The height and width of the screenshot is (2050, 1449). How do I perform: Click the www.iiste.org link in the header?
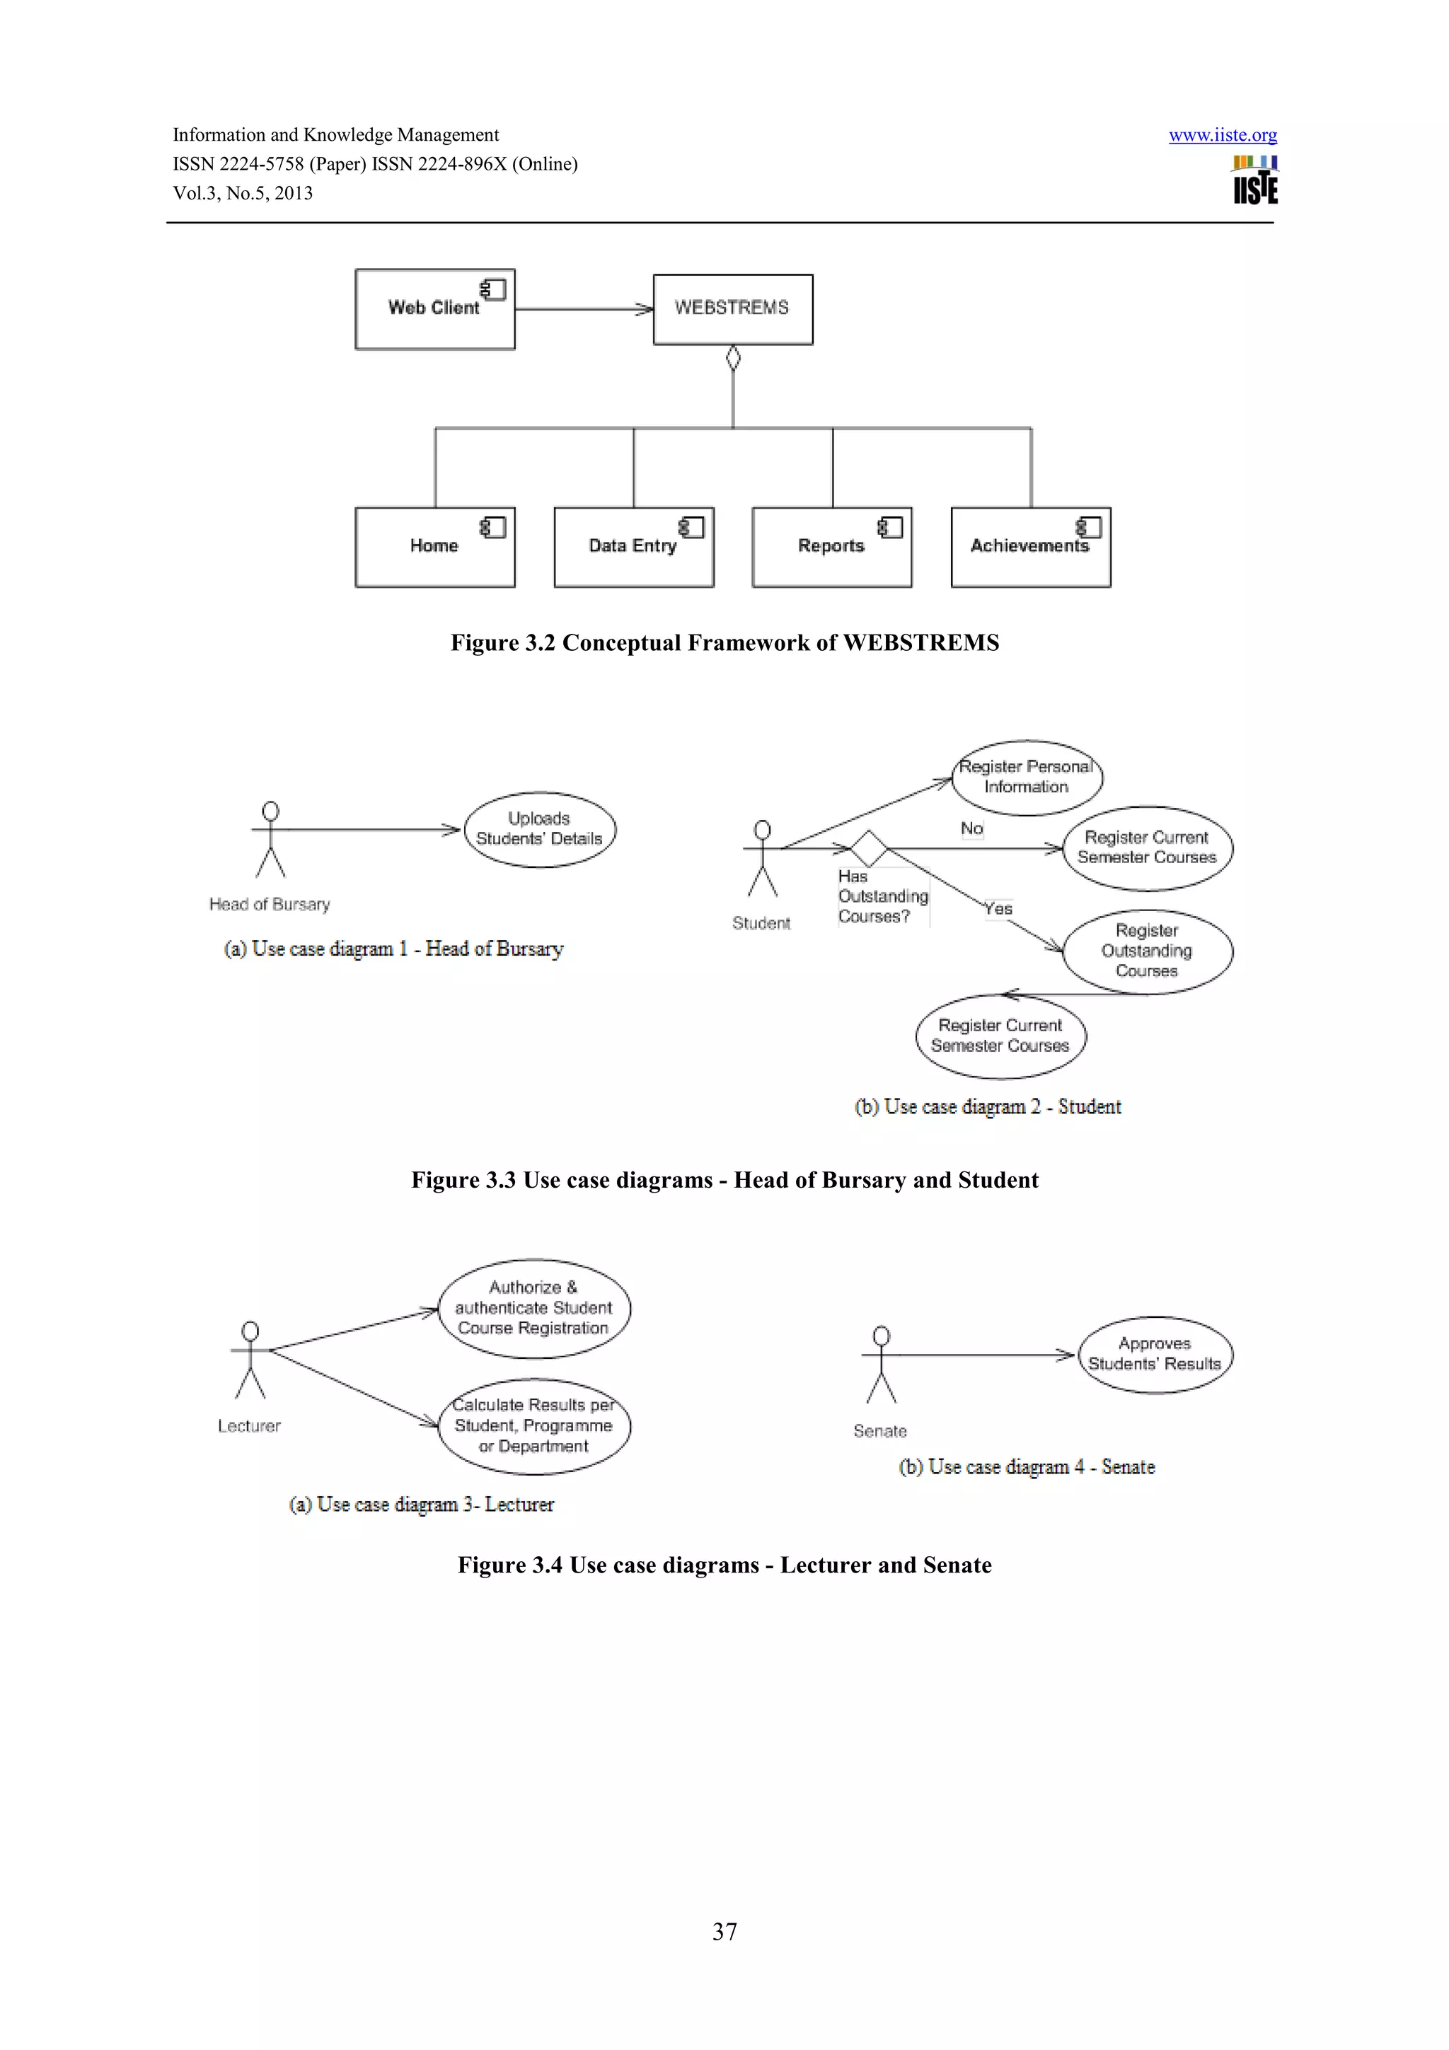click(x=1222, y=135)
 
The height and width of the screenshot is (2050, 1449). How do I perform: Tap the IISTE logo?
click(x=1254, y=181)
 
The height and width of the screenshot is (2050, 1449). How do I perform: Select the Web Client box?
click(x=435, y=309)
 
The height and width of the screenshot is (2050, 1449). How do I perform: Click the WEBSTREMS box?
click(x=732, y=309)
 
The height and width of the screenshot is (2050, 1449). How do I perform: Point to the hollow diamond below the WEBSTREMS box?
click(x=733, y=358)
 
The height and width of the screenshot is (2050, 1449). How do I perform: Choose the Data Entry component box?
click(x=633, y=546)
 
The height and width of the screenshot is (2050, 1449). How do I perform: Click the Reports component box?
click(x=831, y=546)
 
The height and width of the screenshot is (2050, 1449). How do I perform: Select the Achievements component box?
click(x=1030, y=546)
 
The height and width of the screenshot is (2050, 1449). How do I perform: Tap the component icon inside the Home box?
click(x=494, y=527)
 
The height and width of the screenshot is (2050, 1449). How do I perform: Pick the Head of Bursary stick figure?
click(x=270, y=839)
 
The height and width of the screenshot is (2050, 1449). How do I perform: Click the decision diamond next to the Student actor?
click(x=868, y=847)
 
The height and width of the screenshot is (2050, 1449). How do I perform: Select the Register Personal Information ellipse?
click(x=1026, y=777)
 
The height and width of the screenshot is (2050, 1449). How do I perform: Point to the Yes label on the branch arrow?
click(x=998, y=909)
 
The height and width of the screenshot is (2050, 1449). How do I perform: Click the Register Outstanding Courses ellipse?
click(x=1146, y=951)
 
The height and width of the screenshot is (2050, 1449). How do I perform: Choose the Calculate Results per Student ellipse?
click(x=534, y=1426)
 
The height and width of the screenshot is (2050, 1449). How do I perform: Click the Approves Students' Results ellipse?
click(x=1155, y=1353)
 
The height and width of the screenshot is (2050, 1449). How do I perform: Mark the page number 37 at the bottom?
click(x=724, y=1931)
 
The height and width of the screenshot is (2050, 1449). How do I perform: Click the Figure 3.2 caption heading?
click(x=724, y=643)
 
